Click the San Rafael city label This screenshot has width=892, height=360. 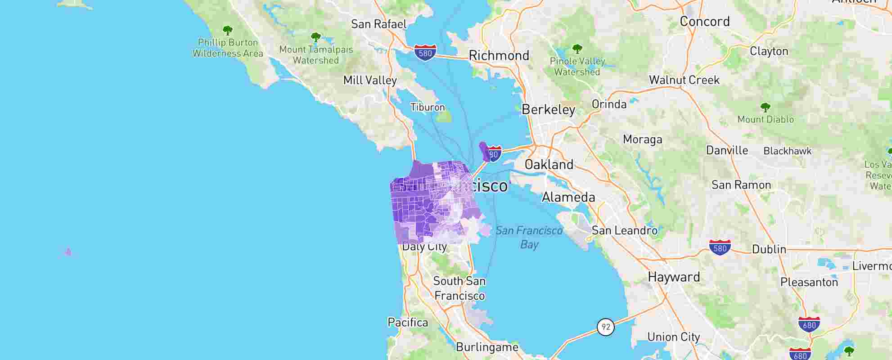[x=378, y=24]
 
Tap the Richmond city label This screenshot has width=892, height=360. [x=499, y=56]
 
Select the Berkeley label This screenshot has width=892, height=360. [x=548, y=110]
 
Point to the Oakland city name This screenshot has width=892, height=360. [x=549, y=165]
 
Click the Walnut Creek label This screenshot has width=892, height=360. [x=684, y=80]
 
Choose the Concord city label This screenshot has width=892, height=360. [x=705, y=22]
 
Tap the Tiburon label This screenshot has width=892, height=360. [x=428, y=107]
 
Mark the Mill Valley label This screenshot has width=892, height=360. [x=370, y=81]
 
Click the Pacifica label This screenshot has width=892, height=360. [x=408, y=323]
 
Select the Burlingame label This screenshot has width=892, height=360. [x=487, y=347]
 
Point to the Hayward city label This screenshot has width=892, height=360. [x=674, y=277]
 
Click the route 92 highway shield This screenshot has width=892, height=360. [x=606, y=327]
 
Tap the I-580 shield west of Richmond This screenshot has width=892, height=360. [x=425, y=52]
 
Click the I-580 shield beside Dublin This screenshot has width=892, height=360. [x=720, y=247]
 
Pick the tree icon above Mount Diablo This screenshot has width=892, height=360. [x=765, y=108]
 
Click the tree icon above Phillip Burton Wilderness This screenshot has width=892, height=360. [x=228, y=31]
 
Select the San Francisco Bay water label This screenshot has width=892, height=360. [x=529, y=237]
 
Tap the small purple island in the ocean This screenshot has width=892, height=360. [x=68, y=252]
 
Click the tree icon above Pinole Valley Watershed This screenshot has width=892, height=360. [x=577, y=49]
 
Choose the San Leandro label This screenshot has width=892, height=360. [x=624, y=231]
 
